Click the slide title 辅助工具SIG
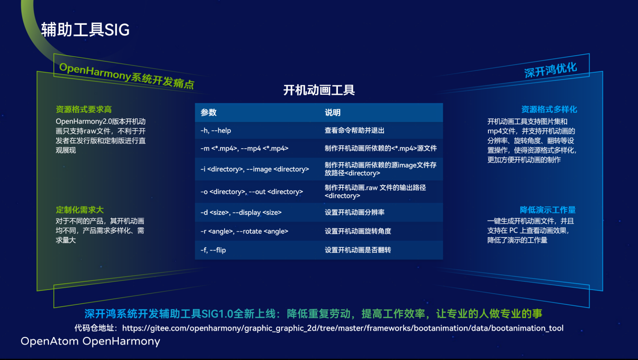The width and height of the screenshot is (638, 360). tap(85, 29)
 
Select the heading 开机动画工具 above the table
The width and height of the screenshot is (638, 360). tap(319, 90)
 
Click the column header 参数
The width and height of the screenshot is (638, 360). tap(209, 112)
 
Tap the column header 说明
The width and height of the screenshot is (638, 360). tap(333, 112)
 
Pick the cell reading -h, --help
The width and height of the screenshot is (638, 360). tap(215, 130)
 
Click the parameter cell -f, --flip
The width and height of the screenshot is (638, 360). tap(213, 250)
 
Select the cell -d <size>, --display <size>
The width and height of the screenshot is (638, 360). tap(241, 213)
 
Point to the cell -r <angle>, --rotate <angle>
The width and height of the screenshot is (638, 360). tap(244, 231)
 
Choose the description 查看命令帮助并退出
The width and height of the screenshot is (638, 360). tap(354, 130)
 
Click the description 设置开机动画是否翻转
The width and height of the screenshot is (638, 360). tap(358, 250)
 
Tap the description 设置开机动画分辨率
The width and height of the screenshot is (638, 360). tap(354, 212)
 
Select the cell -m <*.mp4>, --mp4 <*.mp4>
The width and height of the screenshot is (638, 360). tap(244, 148)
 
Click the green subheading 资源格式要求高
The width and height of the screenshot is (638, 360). tap(84, 110)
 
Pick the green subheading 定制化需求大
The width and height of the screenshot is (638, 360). tap(80, 210)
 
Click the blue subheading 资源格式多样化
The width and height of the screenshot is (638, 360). tap(549, 110)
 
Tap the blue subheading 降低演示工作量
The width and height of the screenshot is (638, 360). tap(548, 210)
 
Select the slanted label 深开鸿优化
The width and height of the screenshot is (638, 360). tap(551, 70)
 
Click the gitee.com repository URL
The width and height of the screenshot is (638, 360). tap(342, 328)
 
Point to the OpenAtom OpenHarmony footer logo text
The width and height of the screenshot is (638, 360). tap(90, 341)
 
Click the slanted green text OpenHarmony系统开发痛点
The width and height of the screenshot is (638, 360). tap(127, 76)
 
